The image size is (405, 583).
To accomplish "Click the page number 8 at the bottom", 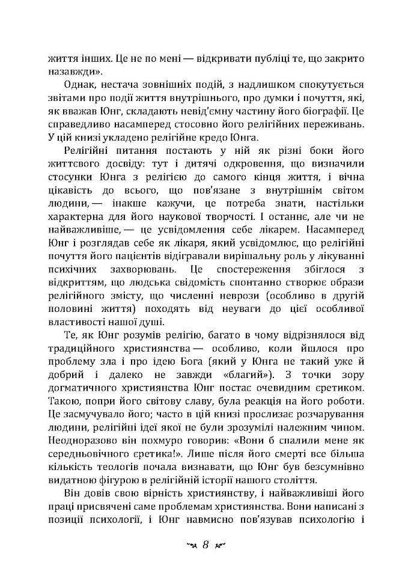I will pyautogui.click(x=204, y=546).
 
